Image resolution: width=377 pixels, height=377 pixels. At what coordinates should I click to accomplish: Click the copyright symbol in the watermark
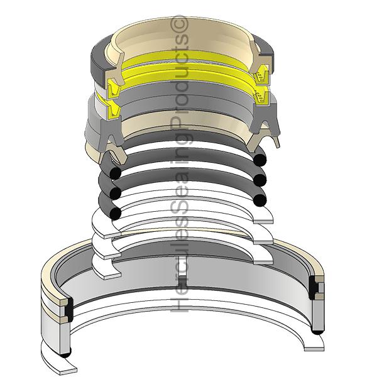pos(178,23)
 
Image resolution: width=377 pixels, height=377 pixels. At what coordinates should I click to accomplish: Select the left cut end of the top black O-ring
pos(115,173)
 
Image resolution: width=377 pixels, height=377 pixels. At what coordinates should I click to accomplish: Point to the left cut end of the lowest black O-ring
pos(115,213)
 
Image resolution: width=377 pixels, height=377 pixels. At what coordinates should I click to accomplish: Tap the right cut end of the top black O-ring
pos(260,160)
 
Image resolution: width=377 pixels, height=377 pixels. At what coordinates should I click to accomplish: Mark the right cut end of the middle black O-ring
pos(260,180)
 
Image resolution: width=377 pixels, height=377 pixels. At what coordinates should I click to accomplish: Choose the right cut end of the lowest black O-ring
pos(260,200)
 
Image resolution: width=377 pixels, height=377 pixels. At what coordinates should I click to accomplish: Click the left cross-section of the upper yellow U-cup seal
pos(114,89)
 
